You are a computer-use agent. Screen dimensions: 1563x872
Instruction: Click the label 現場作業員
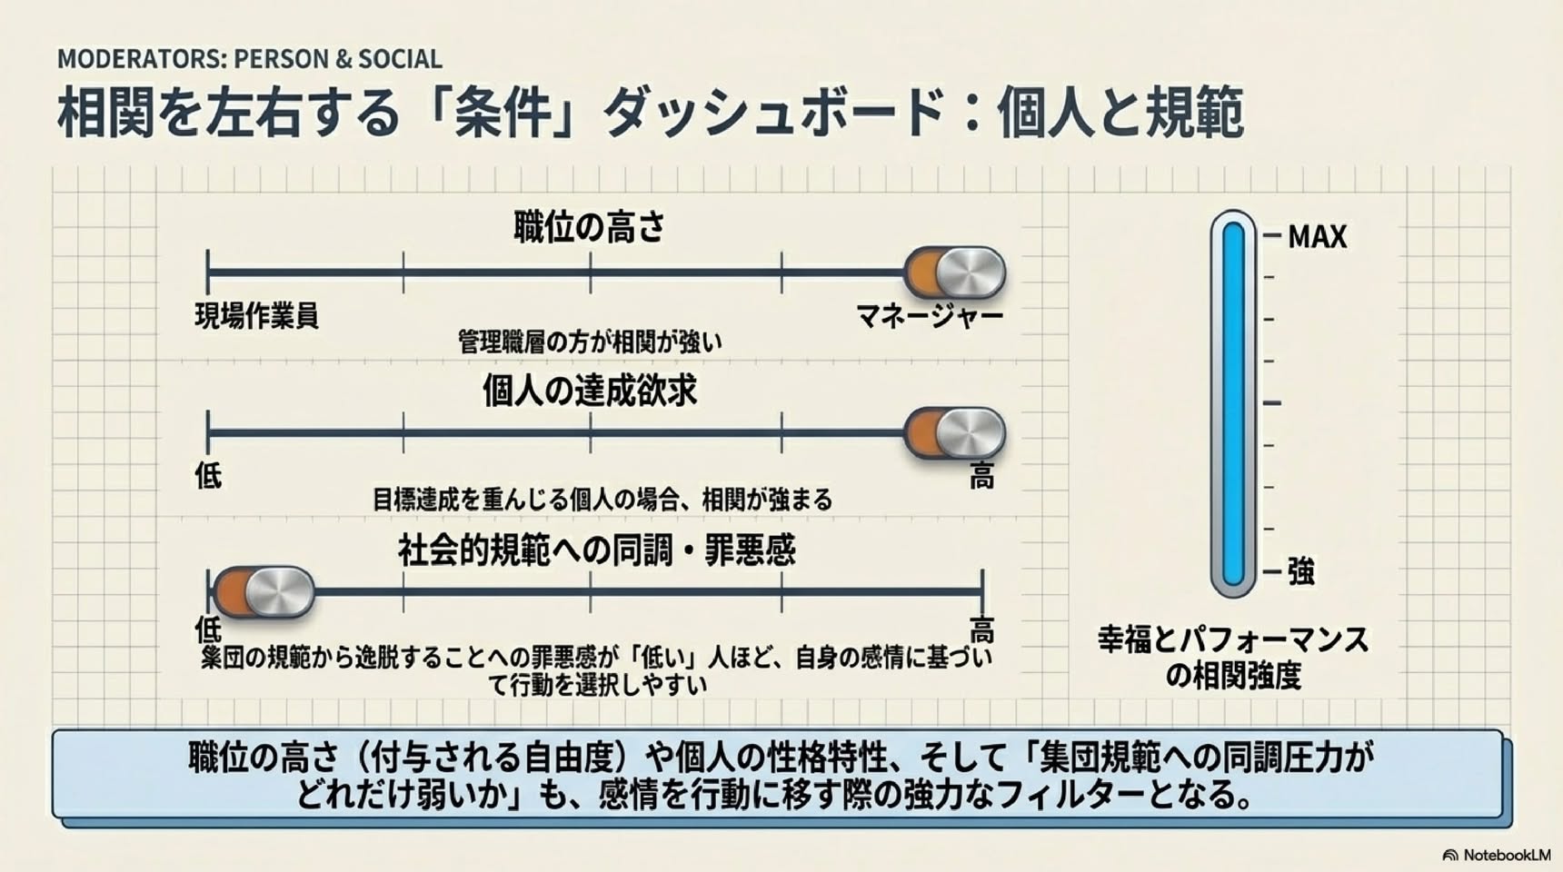pos(257,316)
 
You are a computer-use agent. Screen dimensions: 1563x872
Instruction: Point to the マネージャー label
pos(930,316)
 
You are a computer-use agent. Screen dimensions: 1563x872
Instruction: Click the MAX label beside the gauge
pos(1318,237)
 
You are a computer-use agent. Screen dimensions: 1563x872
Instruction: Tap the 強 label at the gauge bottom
pos(1301,572)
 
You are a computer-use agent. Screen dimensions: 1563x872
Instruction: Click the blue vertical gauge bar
pos(1233,404)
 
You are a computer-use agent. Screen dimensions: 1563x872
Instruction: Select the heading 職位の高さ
pos(590,227)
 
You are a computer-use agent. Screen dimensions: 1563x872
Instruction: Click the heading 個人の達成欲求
pos(590,391)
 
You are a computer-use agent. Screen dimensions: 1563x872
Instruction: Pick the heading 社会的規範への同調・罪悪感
pos(597,550)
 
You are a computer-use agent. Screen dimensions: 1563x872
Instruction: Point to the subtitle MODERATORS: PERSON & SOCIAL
pos(250,59)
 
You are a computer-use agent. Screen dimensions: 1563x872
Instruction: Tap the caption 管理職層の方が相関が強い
pos(590,342)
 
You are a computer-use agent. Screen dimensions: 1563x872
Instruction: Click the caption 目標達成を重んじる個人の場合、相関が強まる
pos(602,500)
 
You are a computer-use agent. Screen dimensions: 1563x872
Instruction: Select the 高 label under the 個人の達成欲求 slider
pos(981,476)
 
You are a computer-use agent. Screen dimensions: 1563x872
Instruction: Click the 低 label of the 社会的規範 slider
pos(208,629)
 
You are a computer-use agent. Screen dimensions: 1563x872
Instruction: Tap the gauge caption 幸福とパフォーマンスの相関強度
pos(1233,658)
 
